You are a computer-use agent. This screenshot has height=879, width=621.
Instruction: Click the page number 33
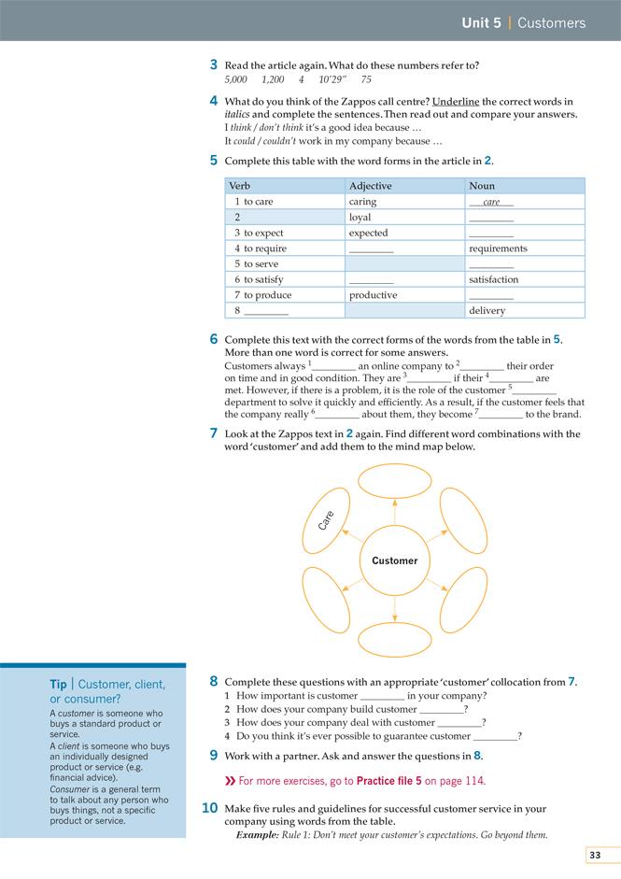(x=595, y=855)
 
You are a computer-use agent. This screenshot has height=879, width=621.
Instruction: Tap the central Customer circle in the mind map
(x=395, y=560)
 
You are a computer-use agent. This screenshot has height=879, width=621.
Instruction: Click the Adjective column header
(x=371, y=186)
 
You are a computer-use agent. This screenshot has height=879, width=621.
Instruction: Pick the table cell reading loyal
(x=360, y=218)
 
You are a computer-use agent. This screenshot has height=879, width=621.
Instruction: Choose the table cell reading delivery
(x=487, y=311)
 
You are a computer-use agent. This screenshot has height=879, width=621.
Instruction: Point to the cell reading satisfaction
(x=493, y=279)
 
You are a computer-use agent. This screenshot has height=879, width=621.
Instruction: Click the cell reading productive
(x=373, y=295)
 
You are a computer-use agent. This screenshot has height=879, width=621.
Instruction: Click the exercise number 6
(x=214, y=339)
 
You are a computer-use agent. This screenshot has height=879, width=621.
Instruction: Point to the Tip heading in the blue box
(x=58, y=685)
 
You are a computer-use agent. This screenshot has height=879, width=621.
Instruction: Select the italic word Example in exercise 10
(x=257, y=834)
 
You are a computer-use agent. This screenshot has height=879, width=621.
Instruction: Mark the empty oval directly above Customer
(x=394, y=484)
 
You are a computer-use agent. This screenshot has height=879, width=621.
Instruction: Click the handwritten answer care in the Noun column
(x=491, y=202)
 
